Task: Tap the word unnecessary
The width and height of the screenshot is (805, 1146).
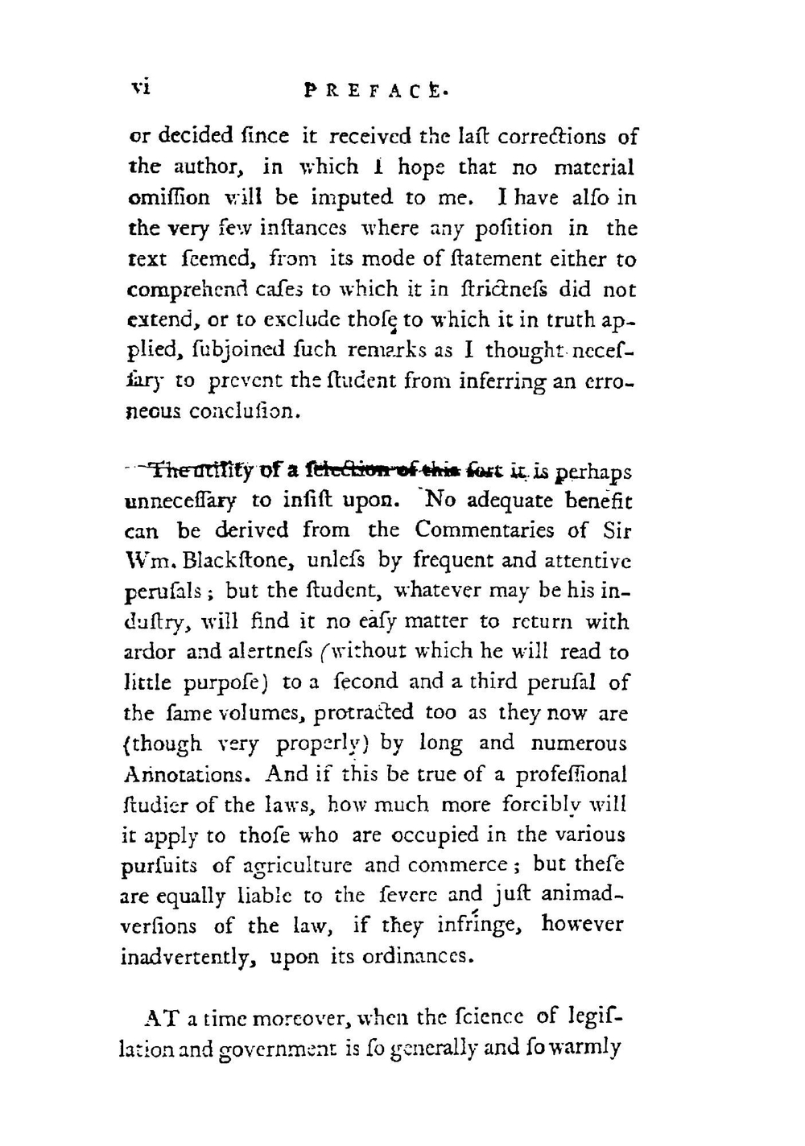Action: click(x=180, y=501)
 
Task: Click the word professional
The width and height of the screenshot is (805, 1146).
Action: click(x=572, y=775)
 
